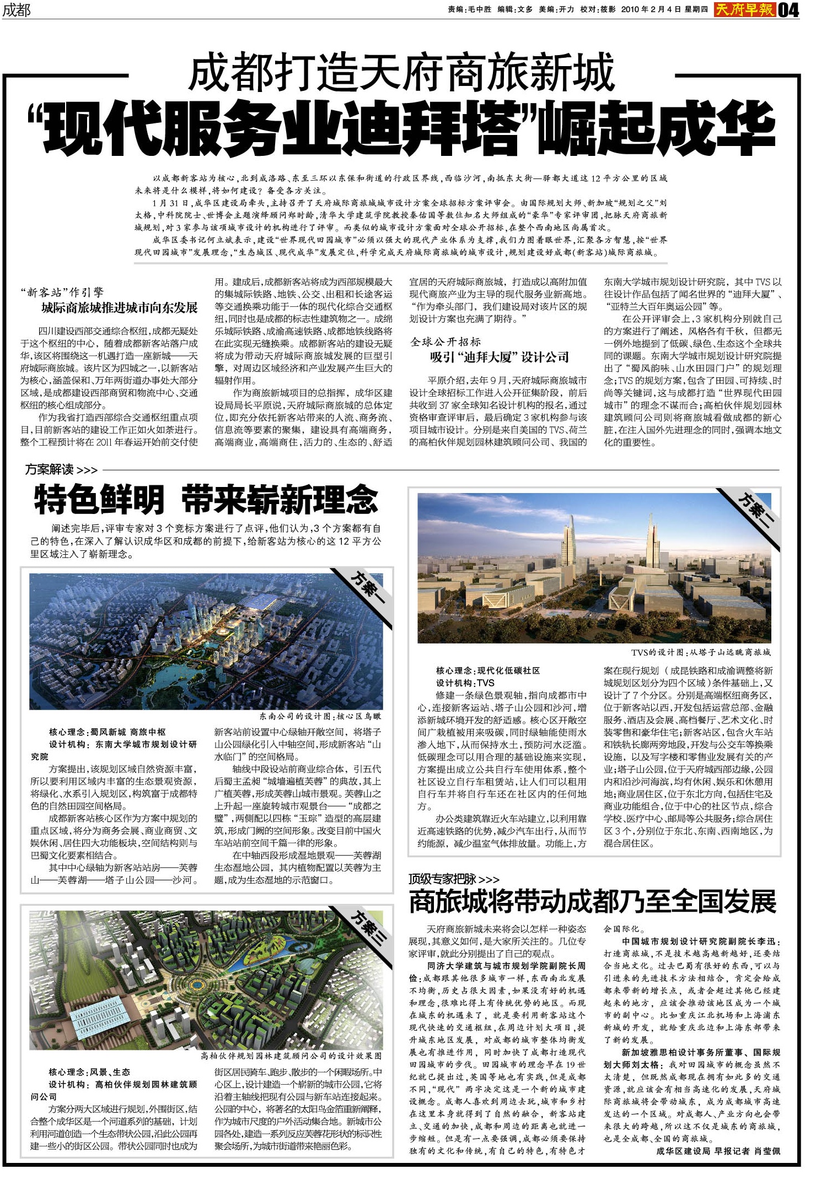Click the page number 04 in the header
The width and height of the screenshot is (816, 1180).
(788, 10)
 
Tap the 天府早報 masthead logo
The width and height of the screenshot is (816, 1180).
(745, 9)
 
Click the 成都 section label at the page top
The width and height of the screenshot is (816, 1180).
(16, 10)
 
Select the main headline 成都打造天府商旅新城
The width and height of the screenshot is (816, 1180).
(401, 72)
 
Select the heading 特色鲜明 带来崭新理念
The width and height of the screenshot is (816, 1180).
(206, 500)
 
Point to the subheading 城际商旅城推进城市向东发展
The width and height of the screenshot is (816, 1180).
(119, 307)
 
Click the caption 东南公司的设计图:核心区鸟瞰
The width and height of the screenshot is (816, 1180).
(320, 716)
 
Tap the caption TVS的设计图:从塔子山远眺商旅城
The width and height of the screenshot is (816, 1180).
(701, 652)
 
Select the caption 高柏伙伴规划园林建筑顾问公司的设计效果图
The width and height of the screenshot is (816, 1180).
(291, 1056)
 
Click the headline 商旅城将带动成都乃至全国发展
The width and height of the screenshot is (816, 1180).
(592, 901)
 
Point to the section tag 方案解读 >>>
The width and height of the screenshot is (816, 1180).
(61, 470)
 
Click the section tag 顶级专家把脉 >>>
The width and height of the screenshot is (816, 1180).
(453, 879)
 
